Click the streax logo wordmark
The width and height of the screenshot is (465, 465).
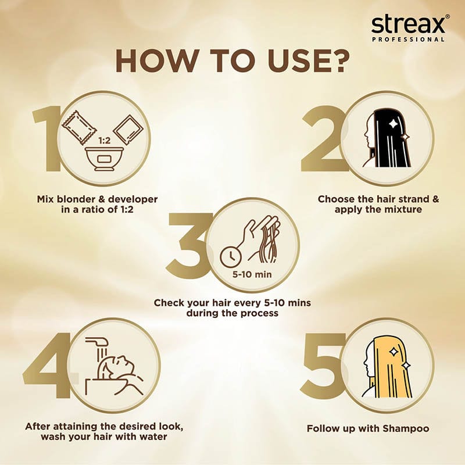click(408, 24)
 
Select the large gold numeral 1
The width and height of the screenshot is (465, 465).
click(48, 139)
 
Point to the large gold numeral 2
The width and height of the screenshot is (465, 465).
click(323, 139)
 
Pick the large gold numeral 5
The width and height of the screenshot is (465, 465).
click(323, 366)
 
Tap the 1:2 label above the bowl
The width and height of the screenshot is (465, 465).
click(104, 140)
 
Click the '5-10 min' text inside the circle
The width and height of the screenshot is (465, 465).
click(252, 274)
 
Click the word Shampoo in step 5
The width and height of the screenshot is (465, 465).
click(406, 428)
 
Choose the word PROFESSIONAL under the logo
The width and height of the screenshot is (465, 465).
click(408, 40)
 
